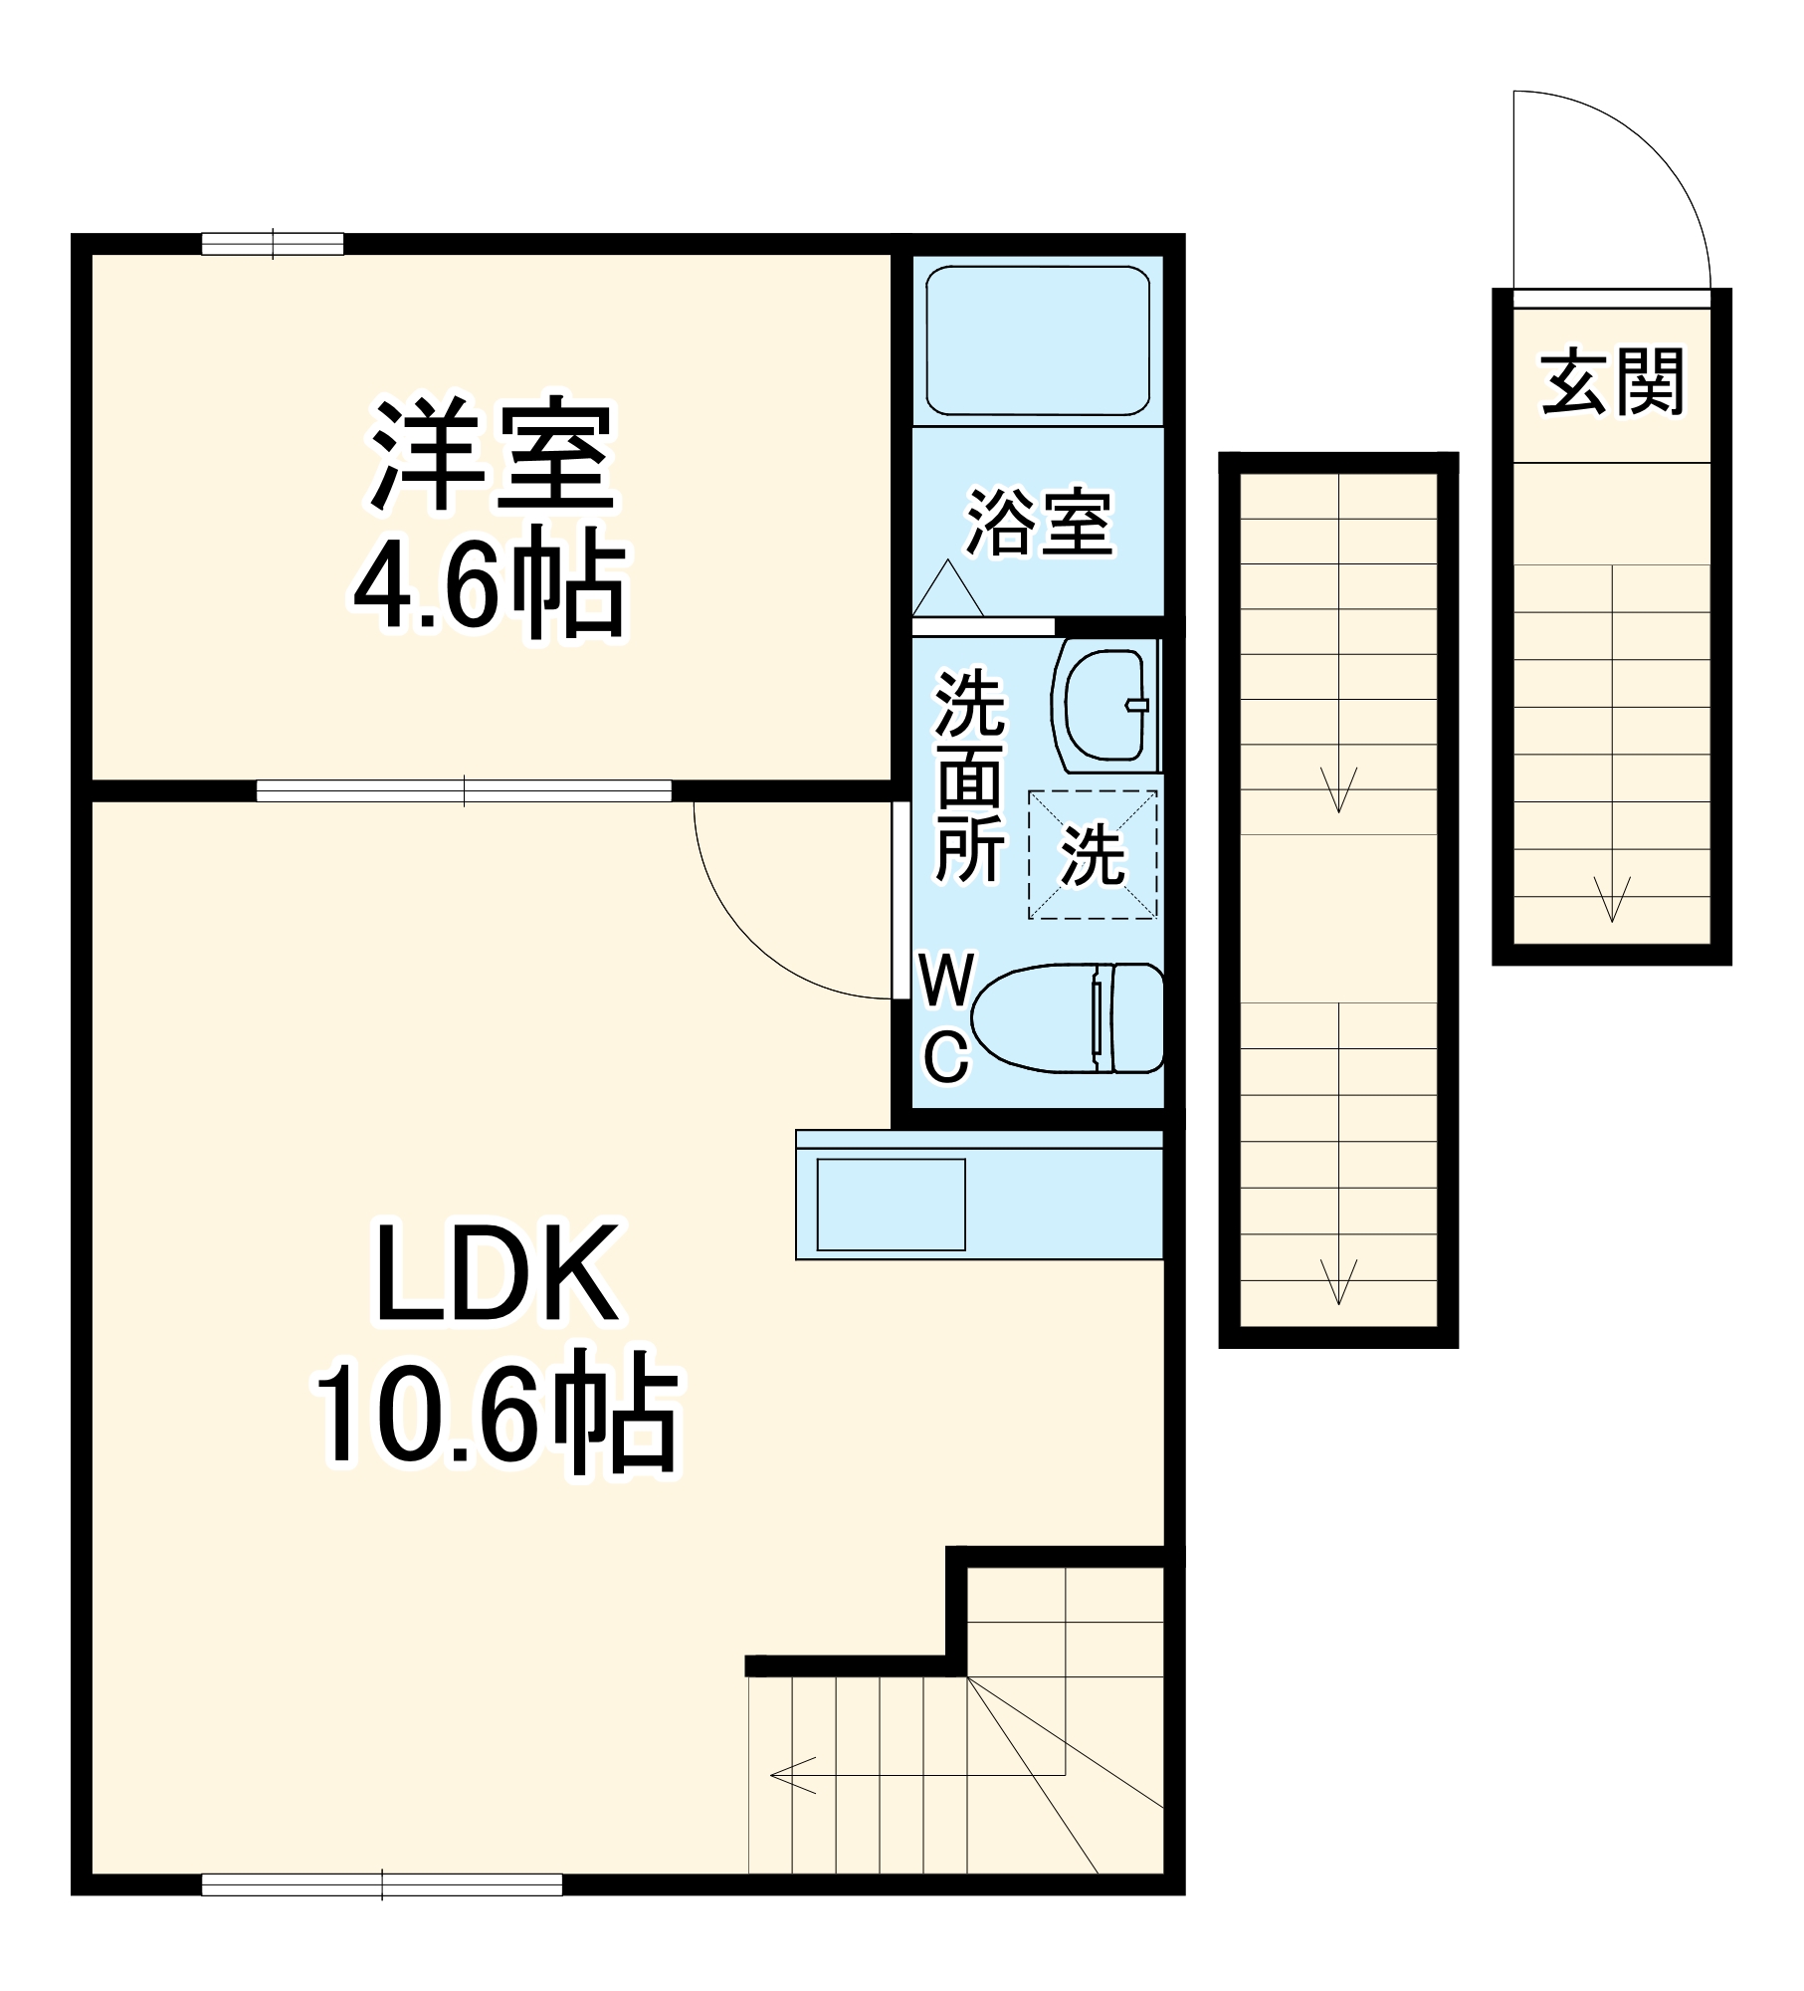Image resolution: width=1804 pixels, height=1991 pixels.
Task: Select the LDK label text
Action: tap(496, 1277)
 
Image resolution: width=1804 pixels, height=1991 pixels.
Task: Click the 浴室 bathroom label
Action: tap(1039, 522)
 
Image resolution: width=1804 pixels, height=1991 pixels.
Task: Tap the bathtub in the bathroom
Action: tap(1038, 340)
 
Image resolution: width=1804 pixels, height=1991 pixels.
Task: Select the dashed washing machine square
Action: tap(1093, 854)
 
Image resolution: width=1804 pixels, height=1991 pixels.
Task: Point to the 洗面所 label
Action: tap(969, 776)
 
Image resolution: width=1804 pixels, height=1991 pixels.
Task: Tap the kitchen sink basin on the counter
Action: tap(891, 1205)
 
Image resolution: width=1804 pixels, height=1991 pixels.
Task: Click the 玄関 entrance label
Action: tap(1612, 382)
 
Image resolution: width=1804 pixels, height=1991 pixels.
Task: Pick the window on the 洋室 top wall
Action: tap(273, 244)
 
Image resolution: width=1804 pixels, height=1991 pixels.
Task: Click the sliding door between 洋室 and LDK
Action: tap(464, 791)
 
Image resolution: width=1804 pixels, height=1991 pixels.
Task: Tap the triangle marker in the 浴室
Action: tap(947, 589)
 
